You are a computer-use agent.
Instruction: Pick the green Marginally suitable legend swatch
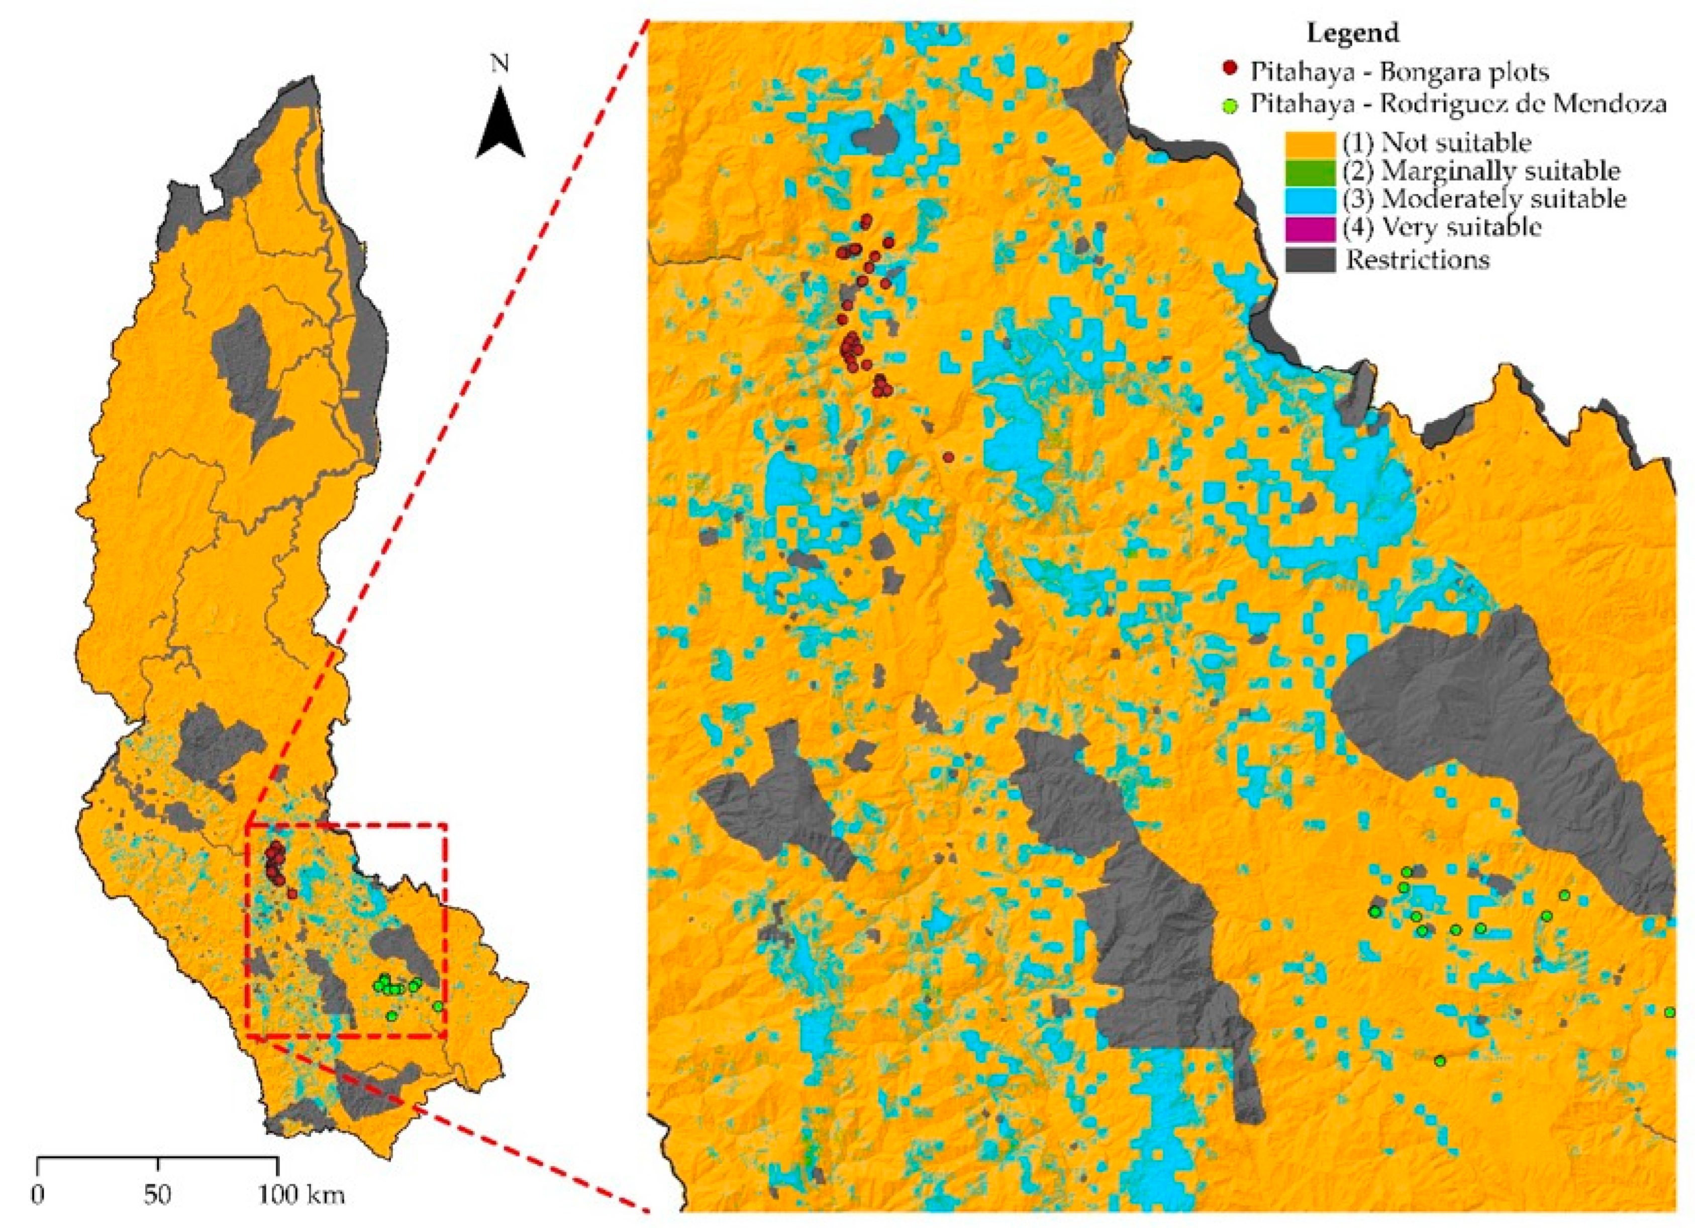1310,172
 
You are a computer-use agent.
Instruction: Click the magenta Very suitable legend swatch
1310,228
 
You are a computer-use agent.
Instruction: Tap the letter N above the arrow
499,64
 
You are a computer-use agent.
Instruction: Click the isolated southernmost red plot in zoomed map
948,457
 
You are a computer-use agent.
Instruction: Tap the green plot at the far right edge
1670,1012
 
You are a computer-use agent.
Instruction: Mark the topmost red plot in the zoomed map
867,220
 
